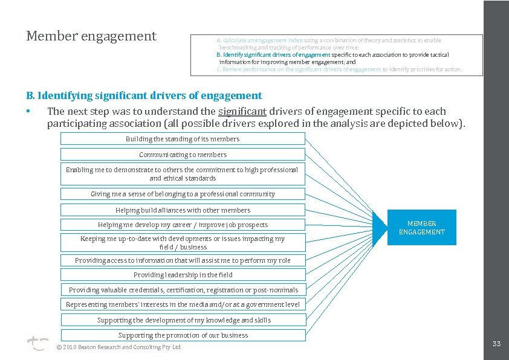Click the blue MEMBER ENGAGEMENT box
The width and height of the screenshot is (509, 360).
(x=421, y=227)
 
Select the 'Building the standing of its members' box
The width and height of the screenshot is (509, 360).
(x=183, y=139)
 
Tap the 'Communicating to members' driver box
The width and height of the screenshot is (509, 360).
(x=183, y=155)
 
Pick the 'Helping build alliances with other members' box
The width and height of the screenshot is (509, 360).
(x=183, y=210)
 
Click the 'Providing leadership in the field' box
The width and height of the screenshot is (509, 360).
(x=183, y=275)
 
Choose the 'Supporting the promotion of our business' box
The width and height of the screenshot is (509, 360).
(x=183, y=335)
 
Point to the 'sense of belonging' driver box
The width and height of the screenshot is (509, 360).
(x=183, y=194)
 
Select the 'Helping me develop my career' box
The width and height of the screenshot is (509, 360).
(x=183, y=225)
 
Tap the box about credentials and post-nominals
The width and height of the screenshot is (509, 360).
(x=183, y=290)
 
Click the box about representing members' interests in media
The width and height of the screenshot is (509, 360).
(x=183, y=304)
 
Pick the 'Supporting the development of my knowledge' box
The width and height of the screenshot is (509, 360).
(x=183, y=320)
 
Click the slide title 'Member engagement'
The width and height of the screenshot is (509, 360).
(x=91, y=36)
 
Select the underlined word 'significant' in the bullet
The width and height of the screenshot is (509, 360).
(x=242, y=111)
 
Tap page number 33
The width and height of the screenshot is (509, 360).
(x=496, y=344)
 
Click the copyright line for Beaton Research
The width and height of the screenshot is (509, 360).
(x=118, y=347)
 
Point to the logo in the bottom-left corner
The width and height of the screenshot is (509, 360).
(x=37, y=344)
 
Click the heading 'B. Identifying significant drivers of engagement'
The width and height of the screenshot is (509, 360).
(x=144, y=95)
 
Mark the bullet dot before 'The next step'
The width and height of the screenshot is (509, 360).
(x=28, y=112)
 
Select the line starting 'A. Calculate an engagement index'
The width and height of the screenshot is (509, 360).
(x=329, y=40)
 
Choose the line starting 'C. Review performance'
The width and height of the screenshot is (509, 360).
(x=339, y=69)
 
